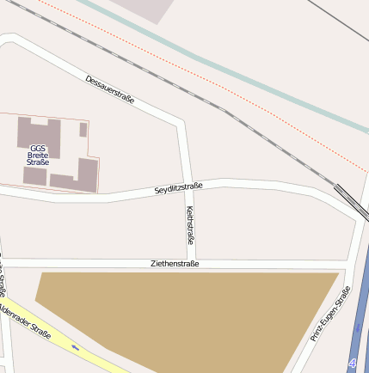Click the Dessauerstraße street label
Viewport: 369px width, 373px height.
[x=109, y=90]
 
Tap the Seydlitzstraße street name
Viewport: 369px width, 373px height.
[x=178, y=187]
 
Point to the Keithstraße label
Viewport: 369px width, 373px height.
[x=190, y=225]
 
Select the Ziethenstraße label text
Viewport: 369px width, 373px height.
[x=174, y=264]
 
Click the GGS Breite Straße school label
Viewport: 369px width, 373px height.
[x=38, y=155]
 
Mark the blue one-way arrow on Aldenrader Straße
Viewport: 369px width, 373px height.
[x=76, y=347]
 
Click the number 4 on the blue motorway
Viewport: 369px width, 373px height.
[x=354, y=364]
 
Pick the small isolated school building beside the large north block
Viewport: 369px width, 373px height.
[x=83, y=130]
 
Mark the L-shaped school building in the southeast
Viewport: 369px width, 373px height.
[x=82, y=176]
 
